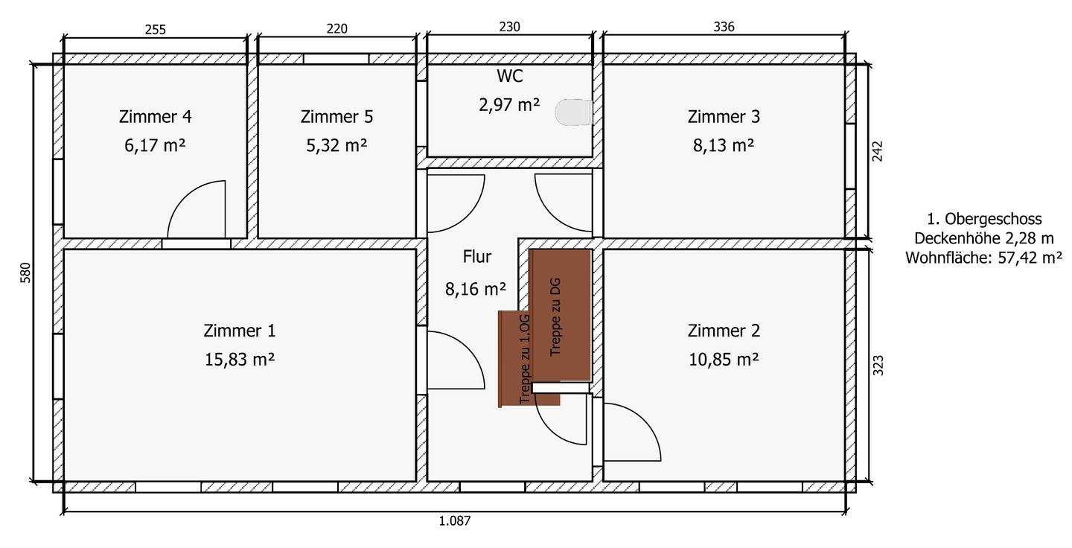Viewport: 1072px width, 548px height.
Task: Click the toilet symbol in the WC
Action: tap(574, 112)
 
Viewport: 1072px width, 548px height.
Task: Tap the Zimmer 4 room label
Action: tap(155, 117)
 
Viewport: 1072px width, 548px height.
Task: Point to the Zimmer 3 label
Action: tap(724, 117)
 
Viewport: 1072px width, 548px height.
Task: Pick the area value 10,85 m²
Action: tap(723, 359)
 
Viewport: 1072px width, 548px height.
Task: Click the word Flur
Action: tap(476, 258)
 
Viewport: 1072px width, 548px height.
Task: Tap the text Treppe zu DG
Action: tap(555, 316)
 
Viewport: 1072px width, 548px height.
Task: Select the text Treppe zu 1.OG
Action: tap(525, 359)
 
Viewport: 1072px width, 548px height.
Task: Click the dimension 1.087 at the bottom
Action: tap(455, 521)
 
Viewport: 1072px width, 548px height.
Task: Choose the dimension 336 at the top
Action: tap(724, 28)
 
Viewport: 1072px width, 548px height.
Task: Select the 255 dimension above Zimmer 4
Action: tap(155, 30)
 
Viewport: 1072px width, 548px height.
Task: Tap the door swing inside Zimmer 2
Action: tap(631, 432)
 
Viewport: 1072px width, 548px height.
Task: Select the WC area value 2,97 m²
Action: tap(509, 105)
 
